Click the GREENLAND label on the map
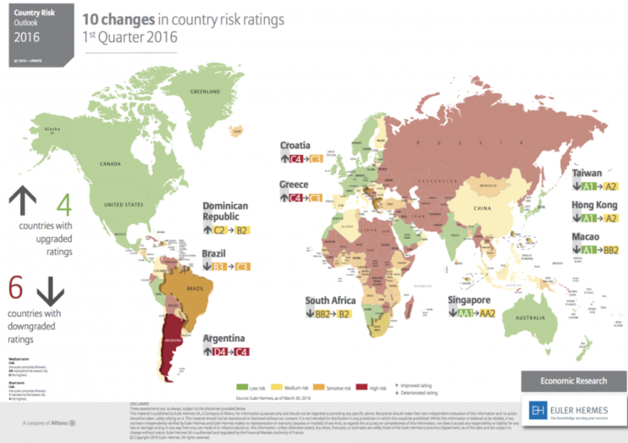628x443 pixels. (204, 91)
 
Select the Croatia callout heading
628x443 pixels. (295, 145)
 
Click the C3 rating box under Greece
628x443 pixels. (316, 197)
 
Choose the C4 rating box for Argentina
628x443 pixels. (241, 351)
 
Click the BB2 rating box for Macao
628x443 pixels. (611, 250)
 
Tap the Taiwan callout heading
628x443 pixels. (587, 172)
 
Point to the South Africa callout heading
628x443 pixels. (329, 300)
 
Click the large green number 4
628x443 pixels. (62, 204)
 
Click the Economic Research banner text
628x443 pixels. (573, 380)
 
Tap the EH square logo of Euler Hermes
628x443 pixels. (538, 411)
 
